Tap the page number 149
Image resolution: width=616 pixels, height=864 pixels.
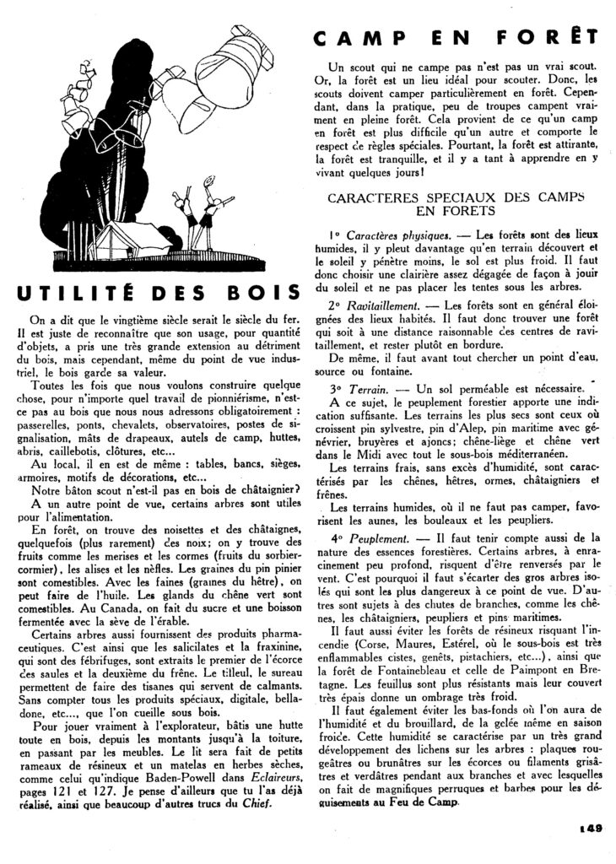tap(591, 829)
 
